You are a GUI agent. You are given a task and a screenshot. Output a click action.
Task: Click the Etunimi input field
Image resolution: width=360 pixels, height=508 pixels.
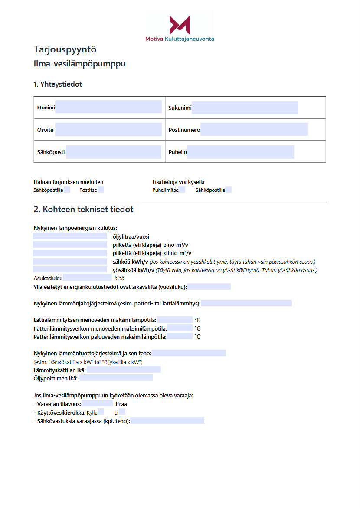click(108, 107)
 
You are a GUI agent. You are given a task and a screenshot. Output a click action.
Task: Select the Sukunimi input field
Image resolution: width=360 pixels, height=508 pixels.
click(245, 108)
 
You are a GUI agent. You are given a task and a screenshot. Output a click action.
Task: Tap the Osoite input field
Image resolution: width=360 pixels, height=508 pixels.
click(108, 129)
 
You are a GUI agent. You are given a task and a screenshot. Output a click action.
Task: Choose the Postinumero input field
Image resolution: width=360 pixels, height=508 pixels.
click(254, 129)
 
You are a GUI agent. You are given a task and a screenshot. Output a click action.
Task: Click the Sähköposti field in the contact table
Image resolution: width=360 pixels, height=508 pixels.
click(114, 152)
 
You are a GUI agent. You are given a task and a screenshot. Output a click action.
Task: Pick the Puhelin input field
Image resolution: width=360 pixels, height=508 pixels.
click(240, 152)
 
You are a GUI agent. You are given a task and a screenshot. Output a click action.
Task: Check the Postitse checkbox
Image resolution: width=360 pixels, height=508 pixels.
click(101, 190)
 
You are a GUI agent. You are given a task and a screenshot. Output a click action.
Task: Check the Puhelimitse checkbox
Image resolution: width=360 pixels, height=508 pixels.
click(182, 190)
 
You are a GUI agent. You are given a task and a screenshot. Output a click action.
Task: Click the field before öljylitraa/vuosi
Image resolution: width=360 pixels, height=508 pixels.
click(70, 236)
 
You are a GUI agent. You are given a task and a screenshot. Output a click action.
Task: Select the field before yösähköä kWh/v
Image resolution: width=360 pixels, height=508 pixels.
click(70, 270)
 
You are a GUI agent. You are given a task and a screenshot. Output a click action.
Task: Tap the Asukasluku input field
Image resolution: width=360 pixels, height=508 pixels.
click(87, 278)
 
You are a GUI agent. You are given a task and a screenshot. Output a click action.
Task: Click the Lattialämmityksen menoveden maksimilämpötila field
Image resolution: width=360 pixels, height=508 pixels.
click(174, 320)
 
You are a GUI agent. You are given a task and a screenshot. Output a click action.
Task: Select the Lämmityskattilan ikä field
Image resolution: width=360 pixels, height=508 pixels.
click(124, 370)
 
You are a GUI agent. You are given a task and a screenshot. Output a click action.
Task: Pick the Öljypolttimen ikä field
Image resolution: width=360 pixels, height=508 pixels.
click(115, 378)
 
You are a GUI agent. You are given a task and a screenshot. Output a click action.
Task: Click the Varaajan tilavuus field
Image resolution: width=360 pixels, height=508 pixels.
click(100, 404)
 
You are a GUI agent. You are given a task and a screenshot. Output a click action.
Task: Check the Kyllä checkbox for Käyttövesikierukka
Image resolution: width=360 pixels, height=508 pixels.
click(101, 412)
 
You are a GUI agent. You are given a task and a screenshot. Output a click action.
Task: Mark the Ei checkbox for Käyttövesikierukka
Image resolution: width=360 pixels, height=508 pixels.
click(122, 412)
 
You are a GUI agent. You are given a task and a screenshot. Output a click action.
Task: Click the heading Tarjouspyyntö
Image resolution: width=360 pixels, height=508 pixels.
click(65, 49)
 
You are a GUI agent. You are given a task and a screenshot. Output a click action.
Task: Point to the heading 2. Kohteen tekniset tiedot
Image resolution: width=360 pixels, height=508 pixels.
click(83, 210)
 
